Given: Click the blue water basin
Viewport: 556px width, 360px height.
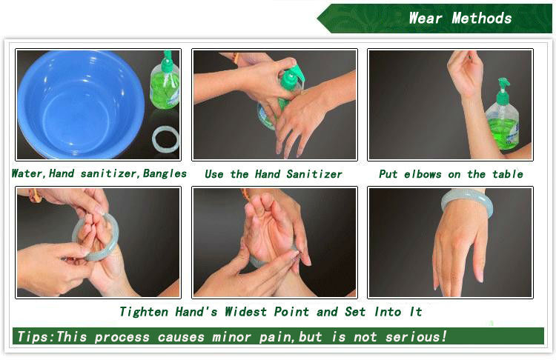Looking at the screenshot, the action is [80, 104].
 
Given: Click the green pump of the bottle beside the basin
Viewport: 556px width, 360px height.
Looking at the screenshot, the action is [168, 61].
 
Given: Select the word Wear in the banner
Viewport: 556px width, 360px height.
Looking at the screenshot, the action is [426, 18].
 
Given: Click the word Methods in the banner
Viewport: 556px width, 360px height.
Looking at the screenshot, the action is [482, 18].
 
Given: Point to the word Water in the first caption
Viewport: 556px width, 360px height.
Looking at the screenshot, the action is [27, 173].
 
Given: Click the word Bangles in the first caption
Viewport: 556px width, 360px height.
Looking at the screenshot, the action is [165, 173].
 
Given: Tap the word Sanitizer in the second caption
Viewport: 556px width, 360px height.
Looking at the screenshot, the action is [314, 174].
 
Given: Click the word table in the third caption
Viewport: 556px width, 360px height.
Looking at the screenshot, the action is [507, 174].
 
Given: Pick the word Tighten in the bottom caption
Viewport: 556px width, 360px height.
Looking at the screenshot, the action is [144, 312].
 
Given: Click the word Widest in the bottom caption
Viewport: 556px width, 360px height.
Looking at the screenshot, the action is [245, 312].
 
